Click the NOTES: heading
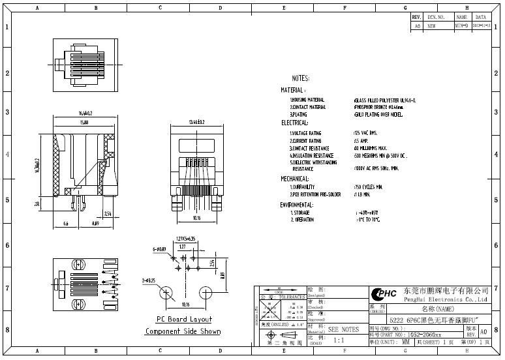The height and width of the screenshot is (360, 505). click(x=300, y=78)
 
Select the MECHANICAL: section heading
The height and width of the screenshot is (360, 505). click(x=295, y=178)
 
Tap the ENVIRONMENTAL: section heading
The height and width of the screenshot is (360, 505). click(x=298, y=204)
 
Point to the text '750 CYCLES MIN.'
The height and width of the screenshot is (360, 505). click(x=368, y=187)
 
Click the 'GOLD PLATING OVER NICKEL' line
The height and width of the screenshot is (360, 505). click(x=378, y=114)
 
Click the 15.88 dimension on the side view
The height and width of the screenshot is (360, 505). click(x=84, y=122)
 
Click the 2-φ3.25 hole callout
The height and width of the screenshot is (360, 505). click(x=148, y=280)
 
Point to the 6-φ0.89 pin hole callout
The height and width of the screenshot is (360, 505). click(x=159, y=249)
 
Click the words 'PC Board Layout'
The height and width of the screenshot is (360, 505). click(x=183, y=319)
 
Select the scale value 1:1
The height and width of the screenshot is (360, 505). click(x=339, y=340)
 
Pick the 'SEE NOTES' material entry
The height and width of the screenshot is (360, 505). click(x=343, y=329)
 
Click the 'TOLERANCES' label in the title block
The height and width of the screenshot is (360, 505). click(x=291, y=297)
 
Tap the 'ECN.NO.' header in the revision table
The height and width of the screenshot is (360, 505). click(x=436, y=17)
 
